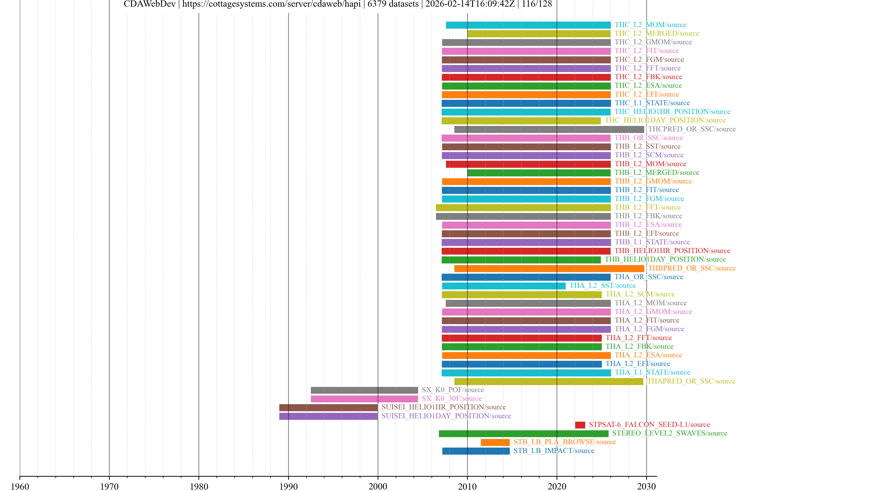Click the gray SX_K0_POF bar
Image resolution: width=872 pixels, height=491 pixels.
click(364, 390)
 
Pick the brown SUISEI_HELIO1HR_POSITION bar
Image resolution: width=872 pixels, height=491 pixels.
click(328, 407)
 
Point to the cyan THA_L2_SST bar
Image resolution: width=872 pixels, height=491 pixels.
click(503, 286)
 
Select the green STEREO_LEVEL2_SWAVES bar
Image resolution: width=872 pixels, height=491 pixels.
click(523, 433)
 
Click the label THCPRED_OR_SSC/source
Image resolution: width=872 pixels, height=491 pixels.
click(691, 129)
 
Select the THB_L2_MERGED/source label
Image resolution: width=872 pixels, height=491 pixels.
click(657, 173)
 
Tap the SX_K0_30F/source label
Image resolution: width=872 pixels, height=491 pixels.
click(452, 398)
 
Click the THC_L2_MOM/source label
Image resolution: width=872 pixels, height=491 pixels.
click(650, 25)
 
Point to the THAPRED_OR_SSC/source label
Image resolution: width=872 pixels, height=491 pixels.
click(691, 381)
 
